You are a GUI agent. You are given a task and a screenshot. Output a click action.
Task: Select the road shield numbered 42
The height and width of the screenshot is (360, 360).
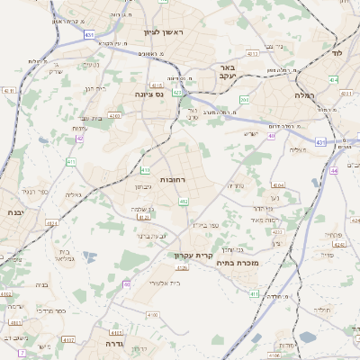point(79,139)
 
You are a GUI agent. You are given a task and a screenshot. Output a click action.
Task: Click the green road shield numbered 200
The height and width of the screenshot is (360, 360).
point(245,100)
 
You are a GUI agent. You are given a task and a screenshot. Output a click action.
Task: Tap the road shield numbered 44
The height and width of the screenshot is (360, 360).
point(333,170)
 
